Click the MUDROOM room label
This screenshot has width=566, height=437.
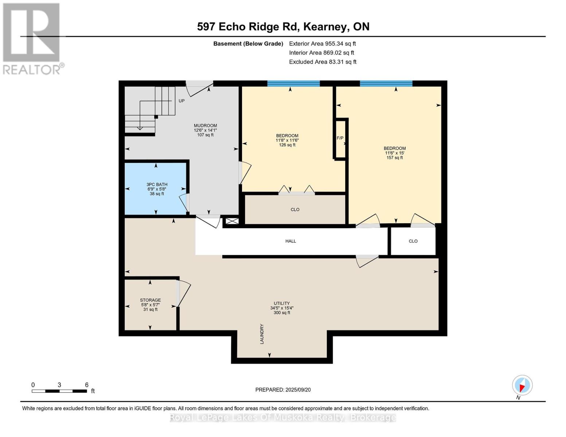tap(205, 126)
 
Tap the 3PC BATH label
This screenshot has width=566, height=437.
tap(157, 185)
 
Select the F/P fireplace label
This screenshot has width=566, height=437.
tap(340, 138)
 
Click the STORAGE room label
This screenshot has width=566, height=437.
tap(150, 300)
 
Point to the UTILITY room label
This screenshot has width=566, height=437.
tap(282, 303)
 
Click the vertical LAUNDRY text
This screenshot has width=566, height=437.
tap(262, 334)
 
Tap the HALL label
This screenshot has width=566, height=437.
tap(290, 241)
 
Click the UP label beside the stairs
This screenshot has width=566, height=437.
tap(181, 101)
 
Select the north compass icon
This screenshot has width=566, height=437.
tap(522, 386)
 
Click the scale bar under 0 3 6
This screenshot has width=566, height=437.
tap(59, 391)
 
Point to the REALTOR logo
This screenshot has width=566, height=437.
tap(32, 38)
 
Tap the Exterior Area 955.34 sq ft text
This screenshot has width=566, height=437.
tap(322, 44)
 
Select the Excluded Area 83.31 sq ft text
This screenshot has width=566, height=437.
tap(323, 62)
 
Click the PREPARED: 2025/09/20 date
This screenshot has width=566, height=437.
tap(283, 390)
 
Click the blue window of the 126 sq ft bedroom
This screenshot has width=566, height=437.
tap(293, 83)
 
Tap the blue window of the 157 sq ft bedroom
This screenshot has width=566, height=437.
tap(386, 83)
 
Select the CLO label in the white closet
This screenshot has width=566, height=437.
tap(413, 241)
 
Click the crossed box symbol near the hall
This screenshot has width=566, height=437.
tap(232, 221)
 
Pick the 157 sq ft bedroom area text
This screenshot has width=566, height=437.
tap(394, 158)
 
